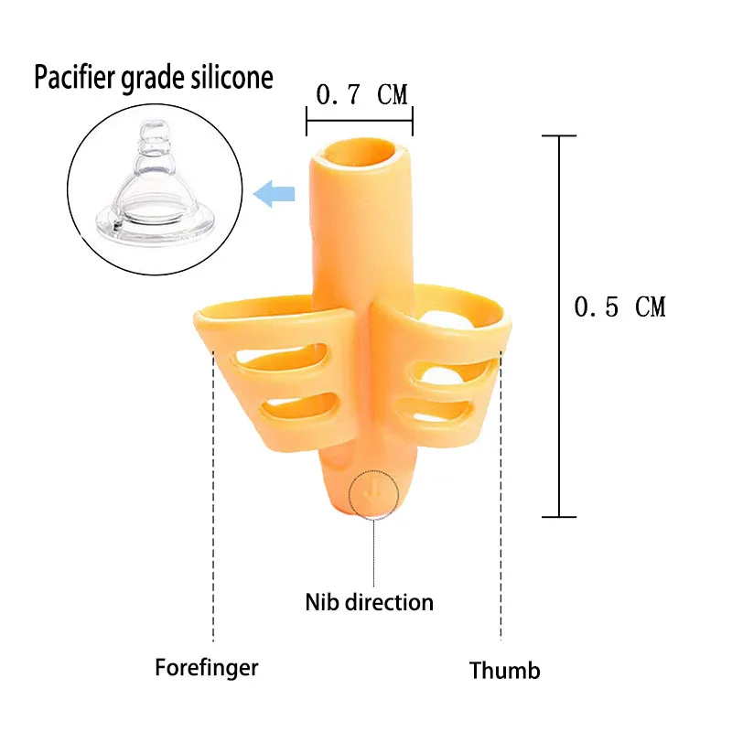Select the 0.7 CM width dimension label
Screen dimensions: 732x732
361,94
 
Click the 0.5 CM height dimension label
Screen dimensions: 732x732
619,307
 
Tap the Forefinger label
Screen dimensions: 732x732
206,667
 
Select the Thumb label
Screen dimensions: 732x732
504,670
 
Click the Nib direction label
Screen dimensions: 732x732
369,602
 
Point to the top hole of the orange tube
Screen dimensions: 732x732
359,154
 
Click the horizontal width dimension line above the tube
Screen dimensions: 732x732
360,121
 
